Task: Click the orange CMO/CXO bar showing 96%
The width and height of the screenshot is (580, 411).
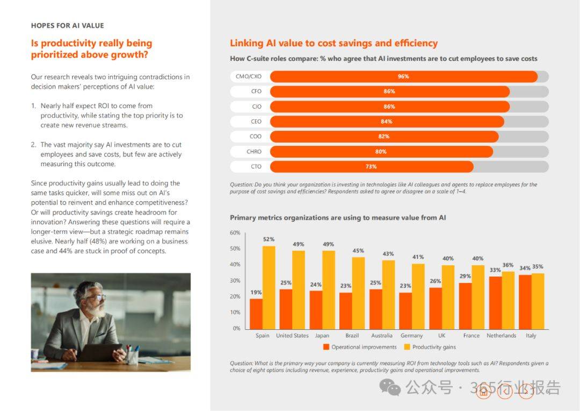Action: click(403, 76)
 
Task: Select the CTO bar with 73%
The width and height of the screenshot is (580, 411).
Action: click(372, 167)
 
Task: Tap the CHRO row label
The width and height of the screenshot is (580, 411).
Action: click(253, 152)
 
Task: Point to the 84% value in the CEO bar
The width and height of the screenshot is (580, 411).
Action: click(386, 122)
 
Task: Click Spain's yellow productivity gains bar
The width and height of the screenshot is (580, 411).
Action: click(269, 288)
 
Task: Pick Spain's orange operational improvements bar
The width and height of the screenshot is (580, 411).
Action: click(256, 314)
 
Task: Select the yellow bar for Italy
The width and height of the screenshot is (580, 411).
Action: click(538, 301)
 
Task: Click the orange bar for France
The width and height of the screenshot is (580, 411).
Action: click(465, 306)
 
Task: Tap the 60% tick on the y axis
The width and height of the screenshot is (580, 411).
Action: click(235, 233)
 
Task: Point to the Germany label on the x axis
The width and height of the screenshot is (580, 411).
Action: click(411, 335)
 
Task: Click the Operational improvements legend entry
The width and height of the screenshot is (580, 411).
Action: click(360, 347)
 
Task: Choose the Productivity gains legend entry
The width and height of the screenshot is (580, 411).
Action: click(430, 347)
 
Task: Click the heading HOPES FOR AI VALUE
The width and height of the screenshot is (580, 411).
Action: click(67, 26)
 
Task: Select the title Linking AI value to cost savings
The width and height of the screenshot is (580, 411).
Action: click(334, 43)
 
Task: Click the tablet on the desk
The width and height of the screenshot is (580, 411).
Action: click(98, 352)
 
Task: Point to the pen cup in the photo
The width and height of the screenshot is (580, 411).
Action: click(132, 357)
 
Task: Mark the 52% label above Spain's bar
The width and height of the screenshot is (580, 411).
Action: click(269, 239)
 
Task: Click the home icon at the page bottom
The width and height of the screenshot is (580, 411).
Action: click(483, 392)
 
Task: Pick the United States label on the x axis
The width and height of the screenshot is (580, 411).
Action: click(292, 335)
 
